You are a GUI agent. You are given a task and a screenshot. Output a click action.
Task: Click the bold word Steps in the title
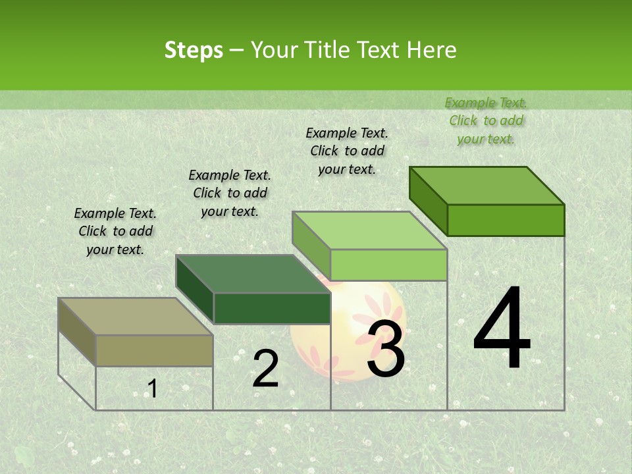pyautogui.click(x=194, y=50)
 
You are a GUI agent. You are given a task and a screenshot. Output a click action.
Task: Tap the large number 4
pyautogui.click(x=502, y=329)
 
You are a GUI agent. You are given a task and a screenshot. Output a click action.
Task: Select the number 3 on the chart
pyautogui.click(x=386, y=349)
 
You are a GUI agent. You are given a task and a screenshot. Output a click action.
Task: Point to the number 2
pyautogui.click(x=265, y=369)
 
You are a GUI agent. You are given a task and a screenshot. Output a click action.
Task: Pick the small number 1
pyautogui.click(x=152, y=388)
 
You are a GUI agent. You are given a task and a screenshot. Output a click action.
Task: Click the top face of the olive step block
pyautogui.click(x=135, y=316)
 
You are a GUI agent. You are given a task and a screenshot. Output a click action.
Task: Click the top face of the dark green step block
pyautogui.click(x=253, y=274)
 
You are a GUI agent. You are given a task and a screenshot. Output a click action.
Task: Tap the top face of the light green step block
pyautogui.click(x=370, y=230)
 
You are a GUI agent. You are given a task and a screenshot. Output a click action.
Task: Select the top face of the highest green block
pyautogui.click(x=487, y=186)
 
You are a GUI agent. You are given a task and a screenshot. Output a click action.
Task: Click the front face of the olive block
pyautogui.click(x=154, y=350)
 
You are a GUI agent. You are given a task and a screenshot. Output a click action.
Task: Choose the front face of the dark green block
pyautogui.click(x=272, y=308)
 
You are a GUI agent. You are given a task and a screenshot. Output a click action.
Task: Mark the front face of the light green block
pyautogui.click(x=388, y=265)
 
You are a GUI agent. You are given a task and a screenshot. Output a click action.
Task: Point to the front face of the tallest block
pyautogui.click(x=506, y=220)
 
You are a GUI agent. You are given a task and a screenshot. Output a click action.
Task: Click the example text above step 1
pyautogui.click(x=115, y=231)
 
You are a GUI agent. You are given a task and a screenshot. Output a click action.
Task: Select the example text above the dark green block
pyautogui.click(x=230, y=193)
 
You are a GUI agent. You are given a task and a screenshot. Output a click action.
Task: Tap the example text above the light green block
pyautogui.click(x=347, y=151)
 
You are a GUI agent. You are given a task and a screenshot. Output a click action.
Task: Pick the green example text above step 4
pyautogui.click(x=486, y=120)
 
